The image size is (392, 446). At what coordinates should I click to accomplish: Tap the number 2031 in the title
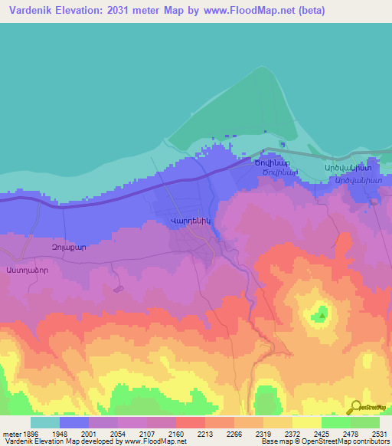tap(126, 11)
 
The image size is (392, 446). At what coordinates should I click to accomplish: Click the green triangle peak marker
tap(322, 314)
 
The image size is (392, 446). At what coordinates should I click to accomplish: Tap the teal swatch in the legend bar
tap(45, 422)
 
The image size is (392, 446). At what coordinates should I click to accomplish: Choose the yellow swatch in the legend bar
tap(307, 422)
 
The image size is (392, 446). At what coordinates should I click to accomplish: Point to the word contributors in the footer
tap(370, 441)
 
